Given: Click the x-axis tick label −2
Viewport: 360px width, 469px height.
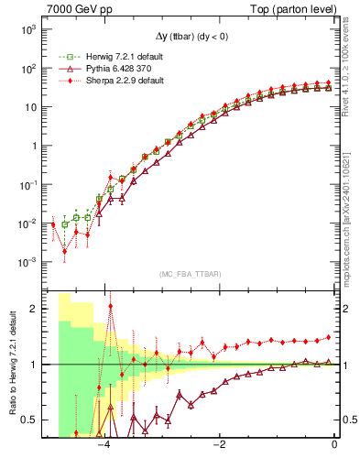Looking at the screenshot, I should [x=220, y=445].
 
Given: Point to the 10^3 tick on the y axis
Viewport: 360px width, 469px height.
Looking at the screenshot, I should [x=29, y=29].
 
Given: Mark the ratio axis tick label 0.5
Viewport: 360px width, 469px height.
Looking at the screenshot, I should [x=31, y=420].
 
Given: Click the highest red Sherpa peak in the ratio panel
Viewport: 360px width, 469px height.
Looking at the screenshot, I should [x=111, y=307].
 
